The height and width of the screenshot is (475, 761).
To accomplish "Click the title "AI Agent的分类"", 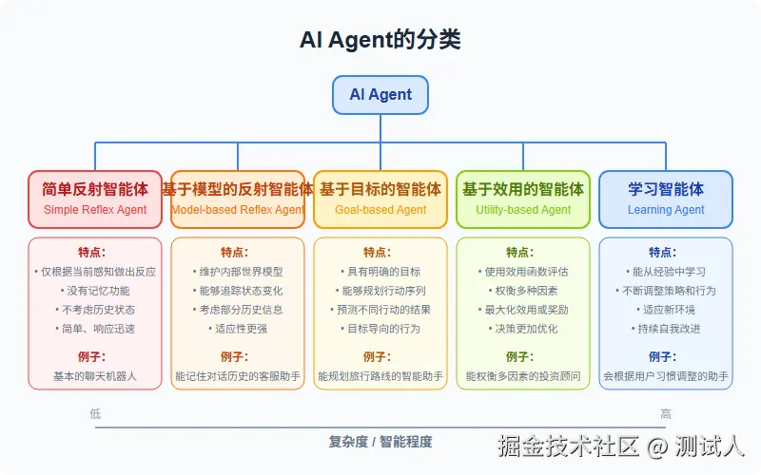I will click(380, 40).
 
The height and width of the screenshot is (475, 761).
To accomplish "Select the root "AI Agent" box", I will click(380, 95).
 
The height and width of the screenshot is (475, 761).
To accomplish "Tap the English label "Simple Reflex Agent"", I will click(95, 209).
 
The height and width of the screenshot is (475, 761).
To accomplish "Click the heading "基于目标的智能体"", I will click(380, 189).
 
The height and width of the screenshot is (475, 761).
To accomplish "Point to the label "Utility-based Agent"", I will click(523, 209).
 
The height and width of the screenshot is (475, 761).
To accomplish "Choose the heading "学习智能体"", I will click(666, 189).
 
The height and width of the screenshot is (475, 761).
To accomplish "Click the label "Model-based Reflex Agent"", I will click(238, 209).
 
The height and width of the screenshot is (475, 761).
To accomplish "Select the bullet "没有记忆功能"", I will click(95, 291).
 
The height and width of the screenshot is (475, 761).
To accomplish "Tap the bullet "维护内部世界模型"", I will click(238, 272).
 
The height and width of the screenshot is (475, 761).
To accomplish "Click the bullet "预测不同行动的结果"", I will click(380, 310).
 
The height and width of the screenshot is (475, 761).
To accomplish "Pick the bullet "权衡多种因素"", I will click(523, 291).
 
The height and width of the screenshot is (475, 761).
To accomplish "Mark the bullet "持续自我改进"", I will click(666, 329).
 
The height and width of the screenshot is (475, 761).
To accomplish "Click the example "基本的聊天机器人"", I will click(95, 376).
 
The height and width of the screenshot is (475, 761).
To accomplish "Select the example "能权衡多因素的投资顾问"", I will click(523, 376).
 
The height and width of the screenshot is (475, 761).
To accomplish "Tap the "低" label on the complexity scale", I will click(95, 413).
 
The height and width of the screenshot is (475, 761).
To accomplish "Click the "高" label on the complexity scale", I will click(666, 413).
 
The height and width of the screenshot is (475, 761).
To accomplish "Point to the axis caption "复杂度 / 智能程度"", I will click(380, 442).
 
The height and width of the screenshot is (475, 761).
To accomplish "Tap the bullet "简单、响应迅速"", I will click(95, 329).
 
